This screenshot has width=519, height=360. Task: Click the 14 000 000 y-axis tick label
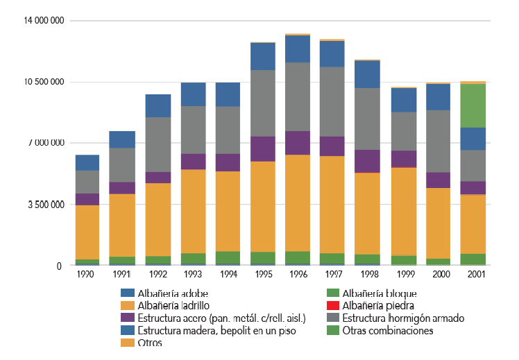(x=42, y=21)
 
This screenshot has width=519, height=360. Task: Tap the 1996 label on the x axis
(x=297, y=275)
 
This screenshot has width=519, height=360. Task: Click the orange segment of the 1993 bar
(x=193, y=211)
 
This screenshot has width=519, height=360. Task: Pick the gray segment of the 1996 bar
(x=298, y=96)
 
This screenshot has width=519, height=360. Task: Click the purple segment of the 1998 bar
(x=368, y=161)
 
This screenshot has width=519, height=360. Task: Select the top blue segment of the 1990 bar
(x=87, y=162)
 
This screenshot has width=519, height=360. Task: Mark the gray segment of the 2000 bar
(x=439, y=141)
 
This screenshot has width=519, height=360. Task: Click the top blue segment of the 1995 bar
(x=263, y=56)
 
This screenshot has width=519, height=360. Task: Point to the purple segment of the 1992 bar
(x=158, y=177)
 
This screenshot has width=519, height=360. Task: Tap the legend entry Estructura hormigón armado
(x=405, y=318)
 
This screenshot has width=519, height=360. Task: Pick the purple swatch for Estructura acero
(x=126, y=318)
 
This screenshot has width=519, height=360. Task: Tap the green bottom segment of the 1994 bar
(x=228, y=257)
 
